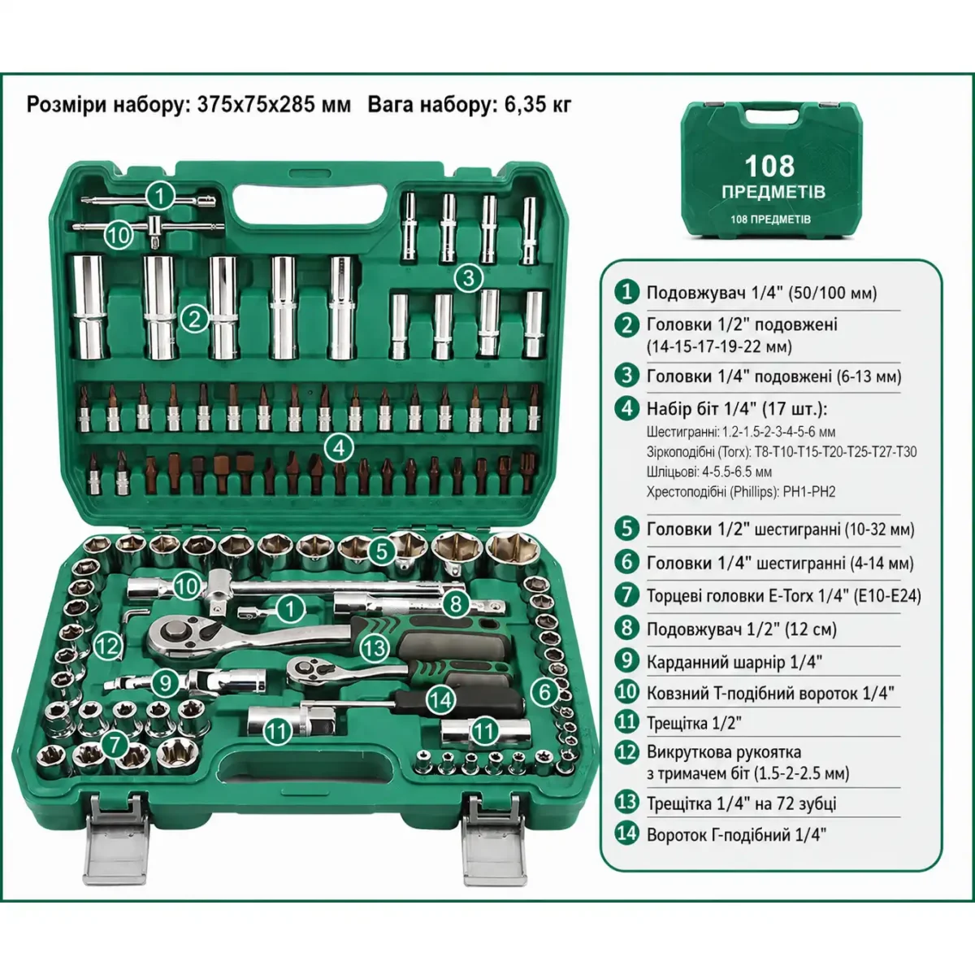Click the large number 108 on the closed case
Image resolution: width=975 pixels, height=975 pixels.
point(769,166)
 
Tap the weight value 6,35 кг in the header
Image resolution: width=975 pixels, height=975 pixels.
point(538,105)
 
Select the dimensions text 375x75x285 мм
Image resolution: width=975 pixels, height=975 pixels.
point(274,105)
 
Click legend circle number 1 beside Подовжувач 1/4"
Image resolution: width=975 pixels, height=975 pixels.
point(627,292)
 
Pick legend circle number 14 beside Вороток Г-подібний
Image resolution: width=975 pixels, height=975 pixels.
point(627,834)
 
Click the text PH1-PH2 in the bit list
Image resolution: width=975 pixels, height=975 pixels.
point(809,492)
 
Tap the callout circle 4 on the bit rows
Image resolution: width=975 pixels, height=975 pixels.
point(339,448)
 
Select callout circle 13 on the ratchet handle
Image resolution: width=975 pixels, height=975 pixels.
point(375,648)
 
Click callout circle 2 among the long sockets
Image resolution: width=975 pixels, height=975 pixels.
point(194,319)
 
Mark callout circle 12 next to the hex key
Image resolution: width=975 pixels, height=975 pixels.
point(108,646)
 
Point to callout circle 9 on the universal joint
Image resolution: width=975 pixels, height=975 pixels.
point(166,684)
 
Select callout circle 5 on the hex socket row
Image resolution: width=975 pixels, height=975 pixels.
point(382,551)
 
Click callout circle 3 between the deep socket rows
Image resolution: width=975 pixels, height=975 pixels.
point(468,278)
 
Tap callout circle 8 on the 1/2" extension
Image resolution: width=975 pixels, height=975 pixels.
point(455,603)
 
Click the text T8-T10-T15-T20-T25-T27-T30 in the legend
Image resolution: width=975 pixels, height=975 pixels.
point(835,452)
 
